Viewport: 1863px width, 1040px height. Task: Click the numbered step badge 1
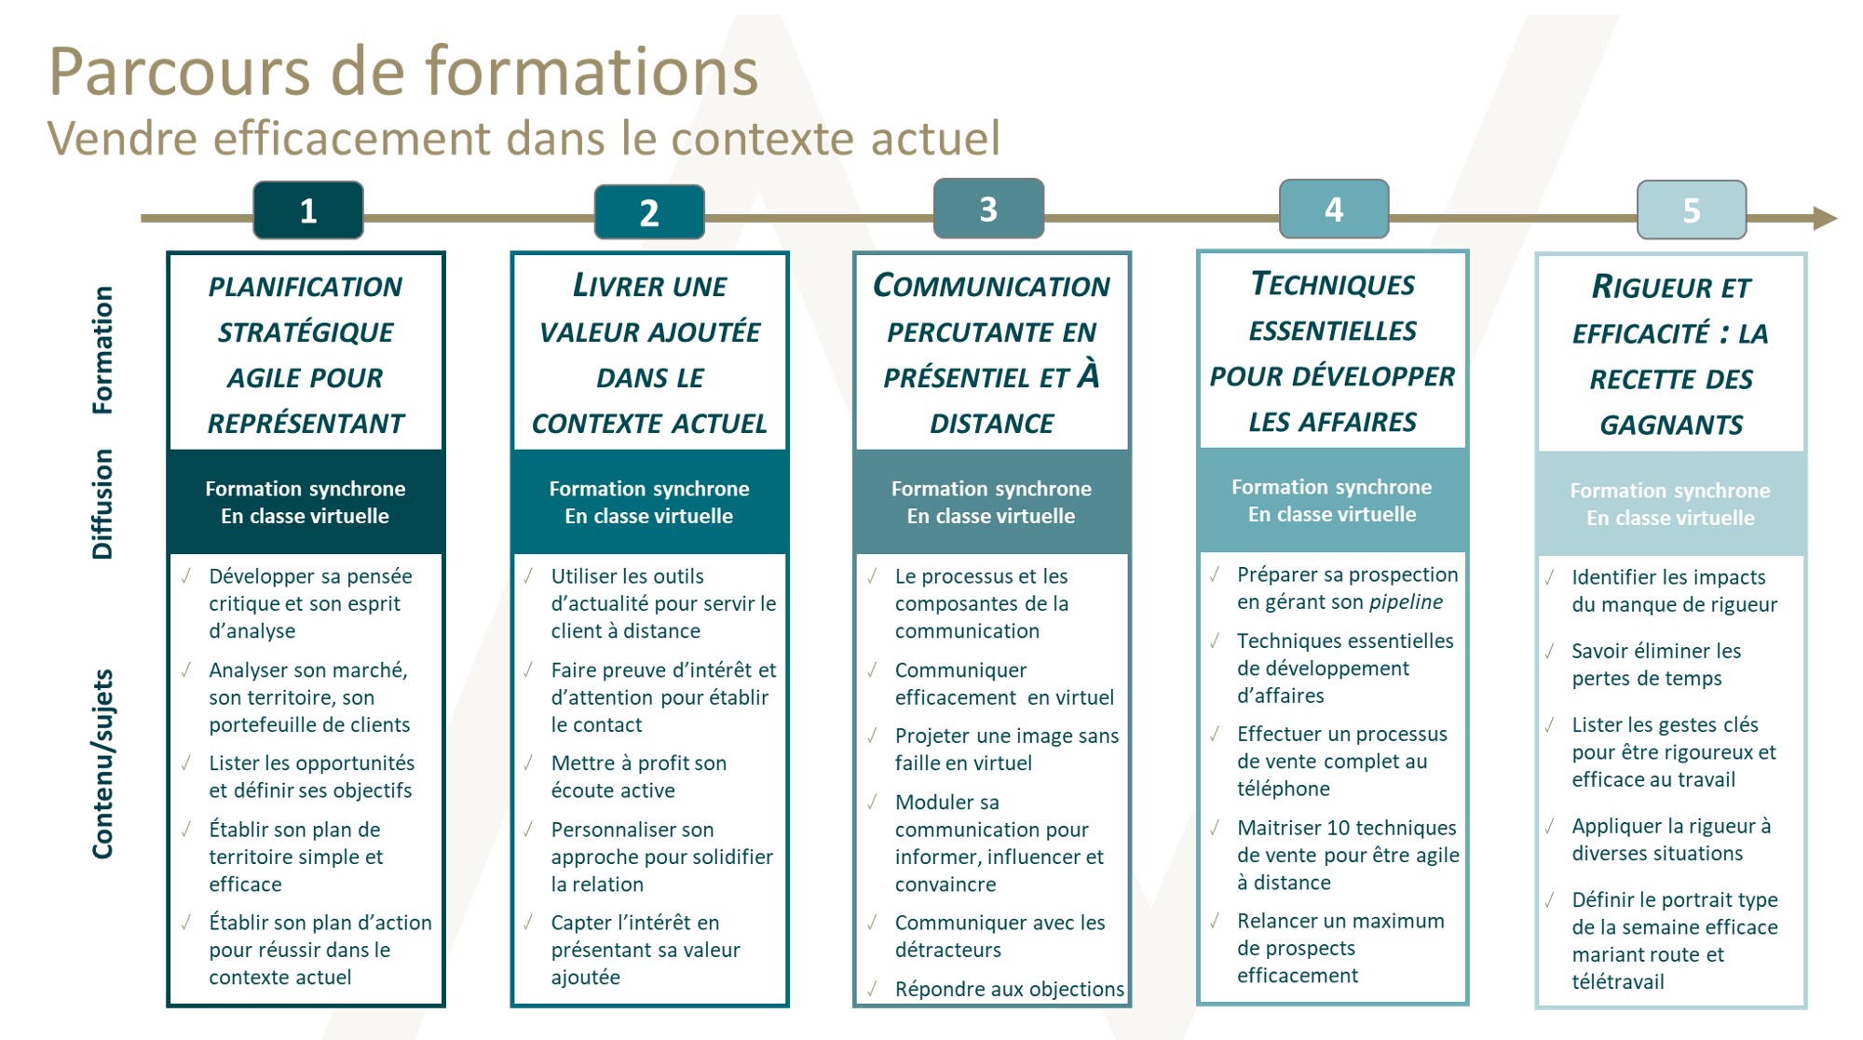(x=308, y=210)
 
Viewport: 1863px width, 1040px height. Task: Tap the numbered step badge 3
(x=988, y=209)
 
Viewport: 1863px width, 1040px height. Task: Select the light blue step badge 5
(x=1692, y=210)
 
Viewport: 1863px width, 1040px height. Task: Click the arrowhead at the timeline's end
(x=1825, y=218)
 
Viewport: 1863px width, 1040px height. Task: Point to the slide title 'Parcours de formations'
(x=403, y=72)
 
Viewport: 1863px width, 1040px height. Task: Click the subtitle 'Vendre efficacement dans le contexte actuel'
(x=524, y=138)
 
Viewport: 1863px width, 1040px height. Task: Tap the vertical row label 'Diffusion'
(x=102, y=504)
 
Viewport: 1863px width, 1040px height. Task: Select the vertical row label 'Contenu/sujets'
(x=102, y=763)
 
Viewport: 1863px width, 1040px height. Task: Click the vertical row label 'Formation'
(x=102, y=350)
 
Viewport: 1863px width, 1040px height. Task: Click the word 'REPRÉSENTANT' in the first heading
(x=306, y=424)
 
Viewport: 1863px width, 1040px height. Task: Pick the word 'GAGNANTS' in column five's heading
(x=1671, y=425)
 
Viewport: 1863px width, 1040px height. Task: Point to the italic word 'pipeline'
(x=1406, y=602)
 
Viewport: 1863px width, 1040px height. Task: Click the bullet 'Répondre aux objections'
(x=1010, y=989)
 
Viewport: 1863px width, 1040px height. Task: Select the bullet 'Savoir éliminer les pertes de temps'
(x=1656, y=665)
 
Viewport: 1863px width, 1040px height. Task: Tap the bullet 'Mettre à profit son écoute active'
(x=639, y=777)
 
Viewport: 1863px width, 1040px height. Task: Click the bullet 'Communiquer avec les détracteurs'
(x=999, y=936)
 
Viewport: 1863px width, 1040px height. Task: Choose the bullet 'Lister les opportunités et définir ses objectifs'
(x=311, y=777)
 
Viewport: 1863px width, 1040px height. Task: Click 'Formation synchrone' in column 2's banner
(x=649, y=489)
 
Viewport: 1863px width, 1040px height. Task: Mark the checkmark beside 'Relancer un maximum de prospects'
(x=1215, y=921)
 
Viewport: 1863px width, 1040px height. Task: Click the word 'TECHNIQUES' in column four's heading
(x=1333, y=284)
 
